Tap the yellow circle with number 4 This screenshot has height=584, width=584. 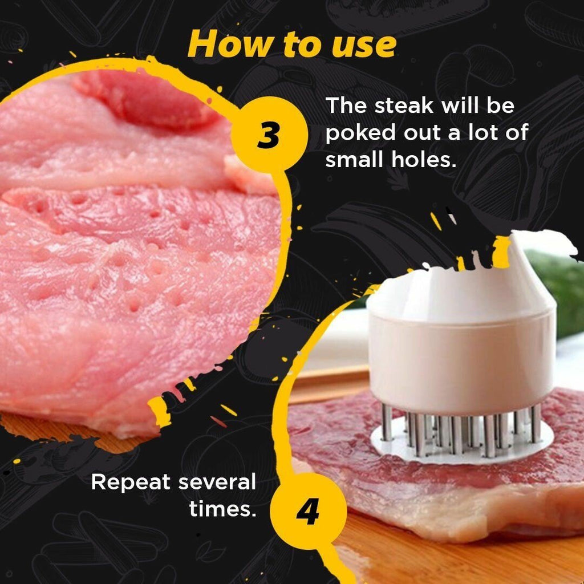[x=307, y=511]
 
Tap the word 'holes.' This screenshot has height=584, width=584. [x=423, y=160]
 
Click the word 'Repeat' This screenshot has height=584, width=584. [x=131, y=482]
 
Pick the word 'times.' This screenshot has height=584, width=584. [x=222, y=509]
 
